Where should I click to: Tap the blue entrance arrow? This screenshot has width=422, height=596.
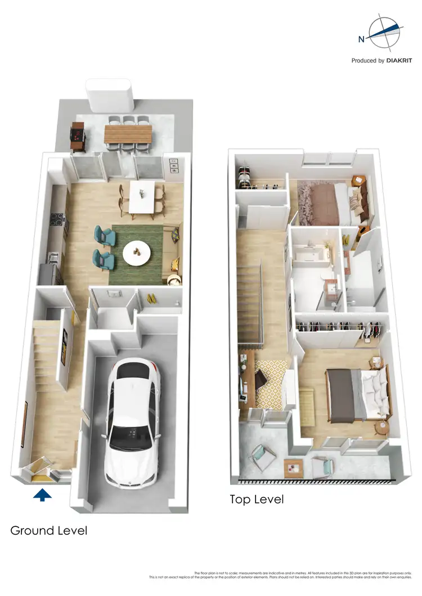(x=43, y=495)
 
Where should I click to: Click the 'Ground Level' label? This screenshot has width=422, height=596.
(x=49, y=530)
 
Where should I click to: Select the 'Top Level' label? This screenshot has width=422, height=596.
(x=257, y=499)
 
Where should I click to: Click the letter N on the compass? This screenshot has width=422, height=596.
(x=361, y=39)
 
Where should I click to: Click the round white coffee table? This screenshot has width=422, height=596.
(x=136, y=254)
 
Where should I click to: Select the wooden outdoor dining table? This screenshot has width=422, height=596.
(x=128, y=134)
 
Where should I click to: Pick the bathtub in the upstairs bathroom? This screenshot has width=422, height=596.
(x=311, y=254)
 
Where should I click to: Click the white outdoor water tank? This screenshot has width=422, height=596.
(x=109, y=96)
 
